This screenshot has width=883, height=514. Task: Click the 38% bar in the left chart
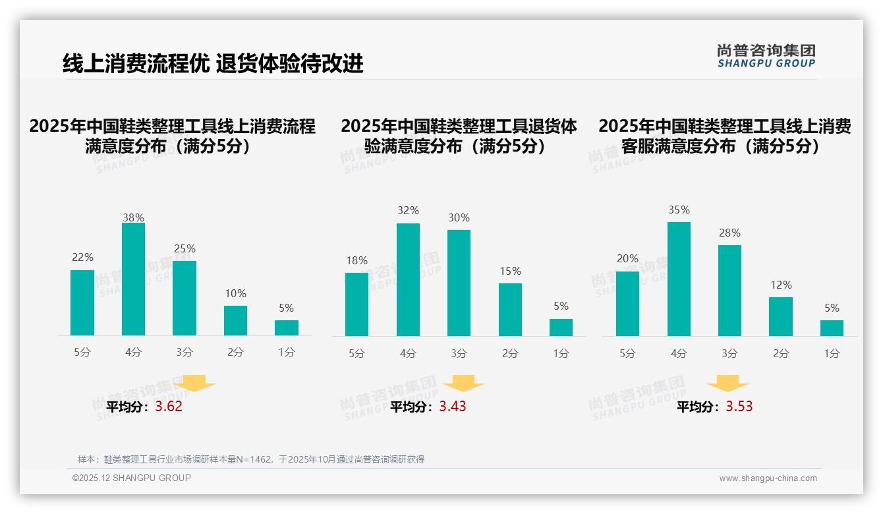click(x=133, y=279)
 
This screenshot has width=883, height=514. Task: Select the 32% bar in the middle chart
click(x=408, y=279)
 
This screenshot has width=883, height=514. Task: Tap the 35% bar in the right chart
click(x=679, y=279)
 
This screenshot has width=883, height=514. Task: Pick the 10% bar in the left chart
click(x=235, y=320)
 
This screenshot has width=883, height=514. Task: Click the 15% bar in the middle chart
click(x=510, y=310)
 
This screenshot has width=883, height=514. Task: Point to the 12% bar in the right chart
click(x=781, y=316)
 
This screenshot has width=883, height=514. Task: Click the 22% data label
click(x=82, y=257)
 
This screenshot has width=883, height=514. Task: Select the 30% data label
click(x=459, y=217)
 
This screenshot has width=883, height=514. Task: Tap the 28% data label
click(x=729, y=233)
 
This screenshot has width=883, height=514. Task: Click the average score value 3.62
click(x=169, y=407)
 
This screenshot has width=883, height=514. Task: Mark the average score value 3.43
click(x=453, y=407)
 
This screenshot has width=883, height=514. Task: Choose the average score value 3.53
click(x=739, y=407)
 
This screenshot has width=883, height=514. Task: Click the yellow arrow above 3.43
click(x=463, y=384)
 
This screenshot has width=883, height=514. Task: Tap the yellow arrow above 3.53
click(x=727, y=384)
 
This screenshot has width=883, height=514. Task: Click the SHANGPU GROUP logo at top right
click(x=766, y=56)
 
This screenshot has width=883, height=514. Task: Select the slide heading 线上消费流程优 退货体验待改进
click(x=213, y=63)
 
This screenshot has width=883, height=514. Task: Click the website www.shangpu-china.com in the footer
click(x=768, y=478)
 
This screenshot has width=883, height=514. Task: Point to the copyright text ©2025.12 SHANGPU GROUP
click(x=132, y=478)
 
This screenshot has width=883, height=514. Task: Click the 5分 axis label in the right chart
click(x=627, y=353)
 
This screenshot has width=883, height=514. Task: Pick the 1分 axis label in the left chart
click(x=286, y=352)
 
